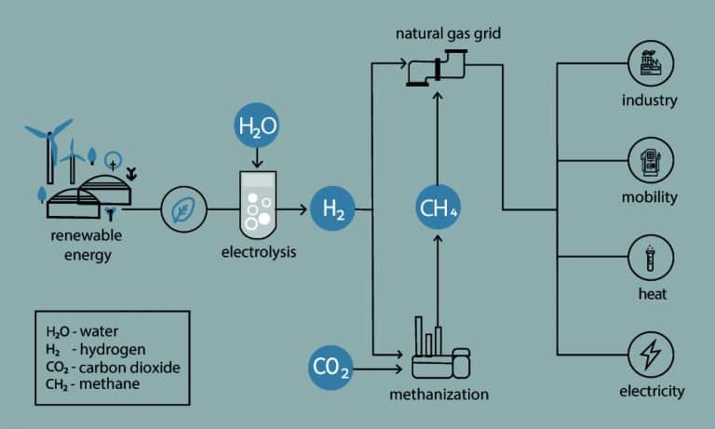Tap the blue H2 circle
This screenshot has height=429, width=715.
tap(333, 210)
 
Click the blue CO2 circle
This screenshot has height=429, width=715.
tap(331, 370)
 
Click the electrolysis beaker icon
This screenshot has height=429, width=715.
tap(256, 201)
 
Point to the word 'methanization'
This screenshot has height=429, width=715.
tap(438, 394)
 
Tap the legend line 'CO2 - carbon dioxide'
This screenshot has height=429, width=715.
tap(112, 365)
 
